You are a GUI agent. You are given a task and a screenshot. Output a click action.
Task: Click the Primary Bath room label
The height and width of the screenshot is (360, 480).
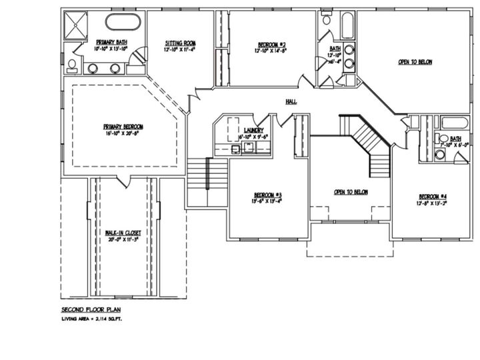click(111, 41)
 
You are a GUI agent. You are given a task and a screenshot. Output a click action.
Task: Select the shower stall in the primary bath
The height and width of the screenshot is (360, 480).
click(75, 24)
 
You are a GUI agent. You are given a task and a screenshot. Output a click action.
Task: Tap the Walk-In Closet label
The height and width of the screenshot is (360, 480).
click(123, 233)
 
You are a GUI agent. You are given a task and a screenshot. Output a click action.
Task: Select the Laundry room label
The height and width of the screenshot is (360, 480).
click(254, 130)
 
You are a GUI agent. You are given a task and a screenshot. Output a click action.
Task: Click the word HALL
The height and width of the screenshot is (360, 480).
click(291, 101)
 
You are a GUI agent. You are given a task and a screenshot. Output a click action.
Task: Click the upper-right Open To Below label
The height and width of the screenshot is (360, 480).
click(415, 62)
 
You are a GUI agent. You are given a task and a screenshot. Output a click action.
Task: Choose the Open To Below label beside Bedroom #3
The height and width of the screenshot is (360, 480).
click(351, 192)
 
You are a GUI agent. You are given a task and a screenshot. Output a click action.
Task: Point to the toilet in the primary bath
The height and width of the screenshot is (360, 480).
click(72, 64)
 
